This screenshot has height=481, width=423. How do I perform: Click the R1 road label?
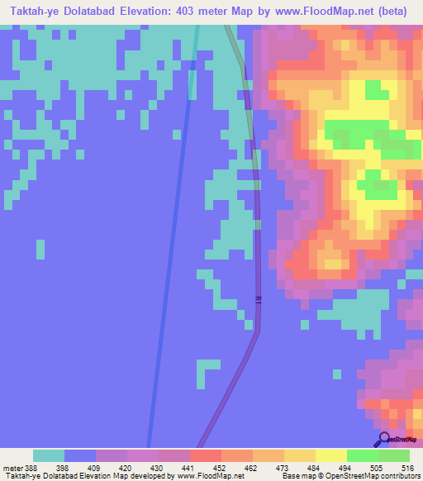pyautogui.click(x=258, y=300)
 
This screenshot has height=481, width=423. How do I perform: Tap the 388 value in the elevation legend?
pyautogui.click(x=31, y=467)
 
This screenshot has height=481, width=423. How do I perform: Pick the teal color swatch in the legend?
pyautogui.click(x=48, y=455)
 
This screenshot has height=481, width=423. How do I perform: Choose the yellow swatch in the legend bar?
pyautogui.click(x=330, y=455)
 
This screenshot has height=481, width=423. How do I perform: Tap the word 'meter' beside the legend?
pyautogui.click(x=11, y=467)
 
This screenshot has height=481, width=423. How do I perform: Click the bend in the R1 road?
pyautogui.click(x=258, y=331)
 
